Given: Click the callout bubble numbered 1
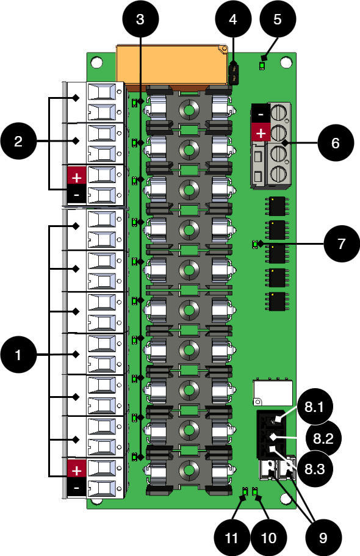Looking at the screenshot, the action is click(18, 355).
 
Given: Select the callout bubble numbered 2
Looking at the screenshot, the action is click(18, 141).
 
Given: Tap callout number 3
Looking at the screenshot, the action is click(140, 19).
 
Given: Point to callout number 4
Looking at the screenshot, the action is click(233, 19).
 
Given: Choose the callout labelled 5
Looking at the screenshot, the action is click(278, 19).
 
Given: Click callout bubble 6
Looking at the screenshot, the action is click(336, 143).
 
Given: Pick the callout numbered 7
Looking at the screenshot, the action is click(342, 244).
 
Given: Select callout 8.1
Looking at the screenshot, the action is click(315, 406).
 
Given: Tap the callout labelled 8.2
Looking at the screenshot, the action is click(323, 439).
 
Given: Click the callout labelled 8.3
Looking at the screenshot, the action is click(315, 469).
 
